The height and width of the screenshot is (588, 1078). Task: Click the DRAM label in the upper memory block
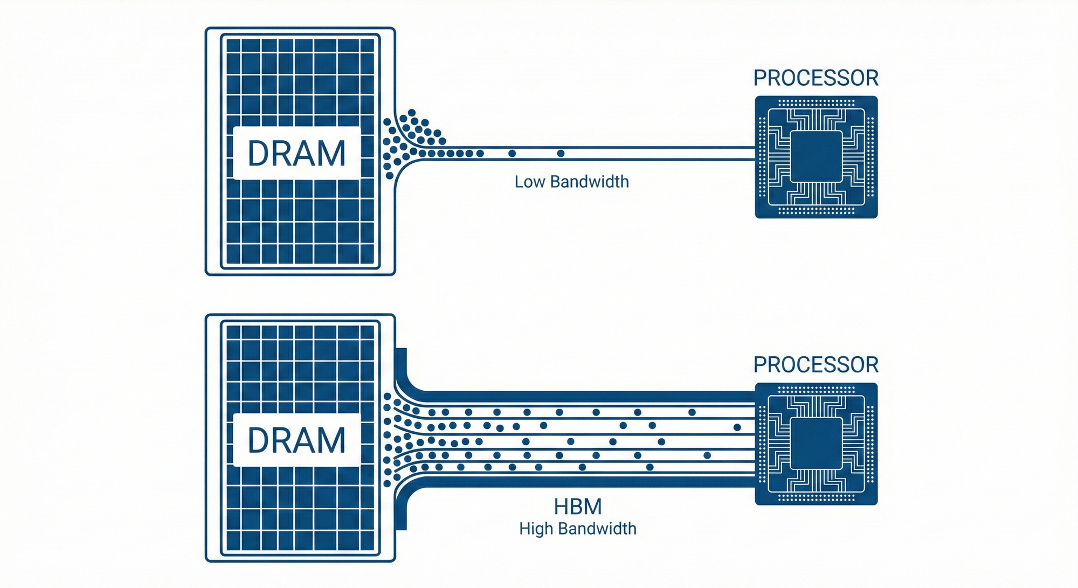(296, 153)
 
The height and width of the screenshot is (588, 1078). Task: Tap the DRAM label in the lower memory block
(296, 440)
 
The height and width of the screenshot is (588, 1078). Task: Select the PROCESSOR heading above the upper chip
(816, 78)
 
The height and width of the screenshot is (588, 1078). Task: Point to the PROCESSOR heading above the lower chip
(816, 365)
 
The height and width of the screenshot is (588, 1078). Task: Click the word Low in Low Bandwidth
(530, 182)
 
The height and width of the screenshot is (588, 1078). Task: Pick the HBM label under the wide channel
(578, 507)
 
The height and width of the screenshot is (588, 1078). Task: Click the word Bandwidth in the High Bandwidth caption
(599, 529)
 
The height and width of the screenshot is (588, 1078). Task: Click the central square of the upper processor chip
(816, 156)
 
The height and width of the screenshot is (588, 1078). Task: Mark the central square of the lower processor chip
(816, 443)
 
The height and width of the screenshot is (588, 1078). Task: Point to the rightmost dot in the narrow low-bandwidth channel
(561, 154)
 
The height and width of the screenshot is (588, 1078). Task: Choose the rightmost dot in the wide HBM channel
(737, 427)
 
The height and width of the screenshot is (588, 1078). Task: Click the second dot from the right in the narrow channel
(512, 154)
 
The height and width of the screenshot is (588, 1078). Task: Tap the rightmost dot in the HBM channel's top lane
(692, 412)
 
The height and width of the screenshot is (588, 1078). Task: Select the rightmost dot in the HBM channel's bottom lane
(650, 467)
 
